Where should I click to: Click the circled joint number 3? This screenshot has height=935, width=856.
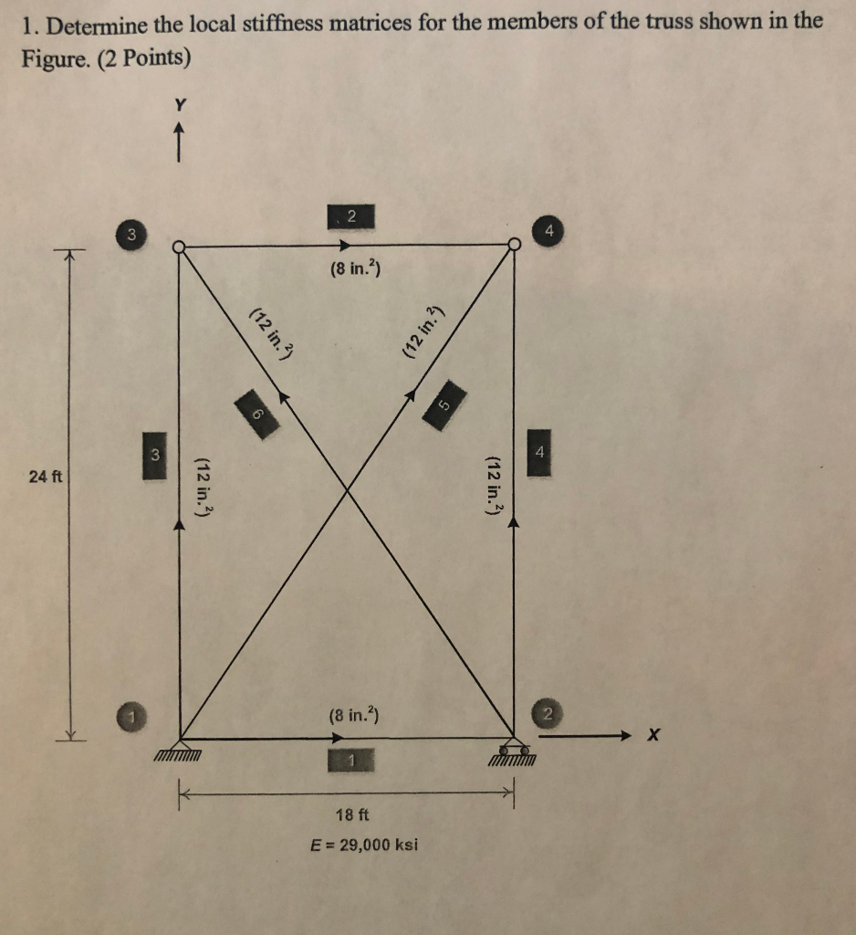point(131,234)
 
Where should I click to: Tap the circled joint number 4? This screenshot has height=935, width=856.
point(548,232)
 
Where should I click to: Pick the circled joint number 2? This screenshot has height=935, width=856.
point(548,713)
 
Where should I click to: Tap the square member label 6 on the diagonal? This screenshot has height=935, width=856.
point(258,414)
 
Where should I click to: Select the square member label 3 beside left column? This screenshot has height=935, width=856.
point(154,458)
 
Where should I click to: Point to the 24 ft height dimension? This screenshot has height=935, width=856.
point(44,477)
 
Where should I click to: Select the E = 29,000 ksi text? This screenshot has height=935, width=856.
point(364,844)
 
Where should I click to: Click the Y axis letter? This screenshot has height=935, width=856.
point(180,106)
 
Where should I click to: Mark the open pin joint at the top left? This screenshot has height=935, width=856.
point(180,247)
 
